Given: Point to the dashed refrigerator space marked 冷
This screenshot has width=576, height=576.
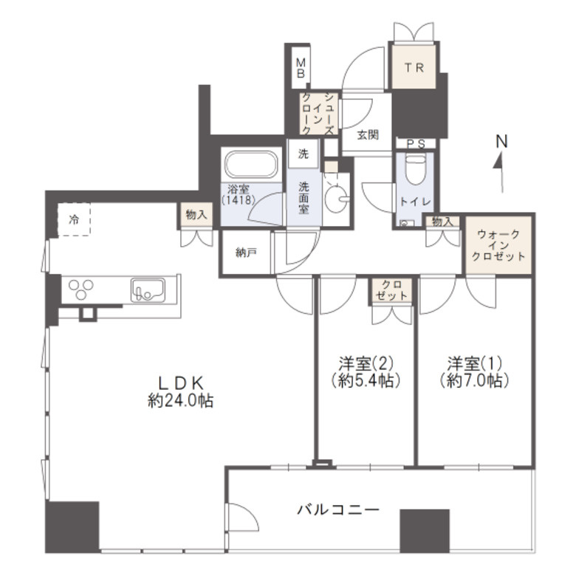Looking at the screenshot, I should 75,219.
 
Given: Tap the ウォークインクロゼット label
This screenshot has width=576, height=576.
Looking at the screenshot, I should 501,245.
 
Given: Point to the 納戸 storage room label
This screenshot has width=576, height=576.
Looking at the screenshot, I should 246,253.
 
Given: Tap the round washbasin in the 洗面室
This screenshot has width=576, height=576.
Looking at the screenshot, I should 337,198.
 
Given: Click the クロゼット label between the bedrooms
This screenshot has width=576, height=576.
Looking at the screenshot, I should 391,290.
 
